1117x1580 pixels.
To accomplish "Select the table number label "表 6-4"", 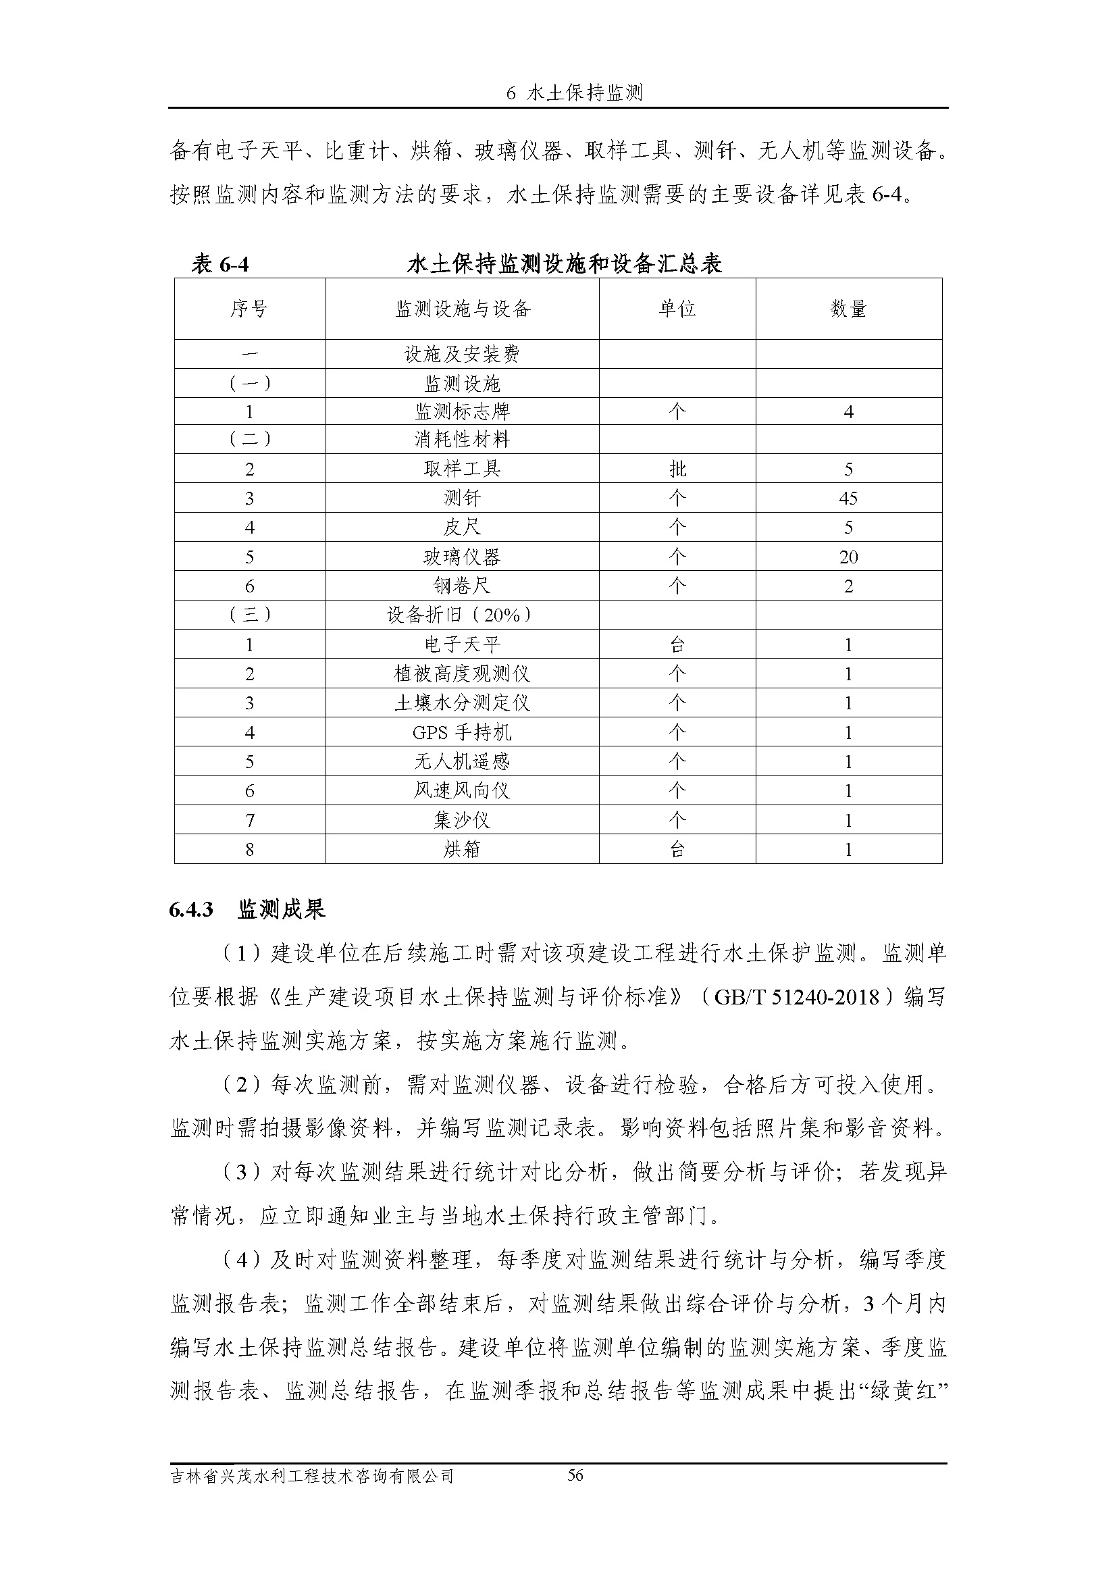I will (219, 264).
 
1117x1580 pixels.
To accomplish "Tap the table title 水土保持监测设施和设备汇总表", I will (564, 264).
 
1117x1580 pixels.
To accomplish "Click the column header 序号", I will (249, 309).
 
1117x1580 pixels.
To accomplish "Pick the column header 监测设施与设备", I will (462, 309).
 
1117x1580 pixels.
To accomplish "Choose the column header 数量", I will (848, 309).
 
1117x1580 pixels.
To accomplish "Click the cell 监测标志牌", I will (462, 411).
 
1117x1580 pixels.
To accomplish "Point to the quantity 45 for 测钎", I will (848, 499).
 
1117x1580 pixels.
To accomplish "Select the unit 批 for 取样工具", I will (677, 469).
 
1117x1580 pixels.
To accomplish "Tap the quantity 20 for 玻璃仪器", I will (848, 557).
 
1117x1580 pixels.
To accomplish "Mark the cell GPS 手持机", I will (462, 732).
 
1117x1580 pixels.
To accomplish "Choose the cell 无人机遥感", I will (462, 761).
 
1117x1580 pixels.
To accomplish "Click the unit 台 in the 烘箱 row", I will (677, 849).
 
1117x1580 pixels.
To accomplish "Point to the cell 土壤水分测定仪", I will (462, 703).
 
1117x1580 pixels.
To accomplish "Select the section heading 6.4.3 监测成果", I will (247, 910).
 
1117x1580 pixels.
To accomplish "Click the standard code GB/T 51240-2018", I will (797, 997).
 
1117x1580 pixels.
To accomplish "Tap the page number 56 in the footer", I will (575, 1475).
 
